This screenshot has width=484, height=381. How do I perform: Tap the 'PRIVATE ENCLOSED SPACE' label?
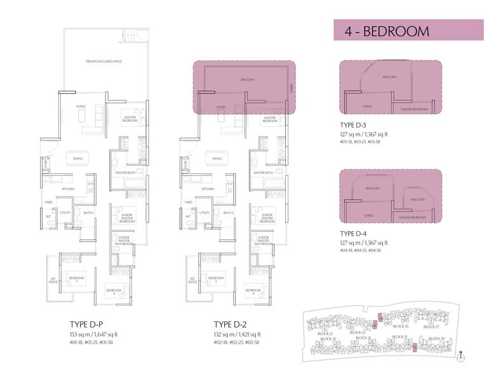[x=104, y=62]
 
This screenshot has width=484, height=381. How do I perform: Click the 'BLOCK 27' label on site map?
[x=431, y=326]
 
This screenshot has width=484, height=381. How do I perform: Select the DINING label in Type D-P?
[x=74, y=158]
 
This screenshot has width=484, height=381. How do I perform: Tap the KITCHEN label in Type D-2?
[x=208, y=189]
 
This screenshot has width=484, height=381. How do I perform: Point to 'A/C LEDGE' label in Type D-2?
[x=192, y=280]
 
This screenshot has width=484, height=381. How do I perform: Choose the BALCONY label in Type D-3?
[x=390, y=77]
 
